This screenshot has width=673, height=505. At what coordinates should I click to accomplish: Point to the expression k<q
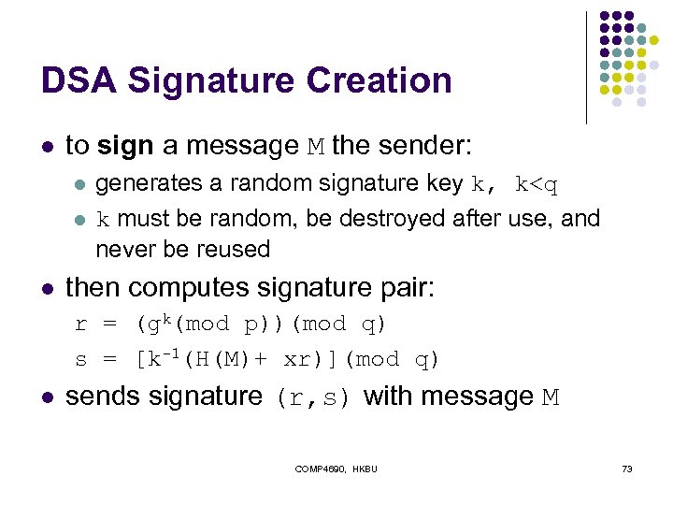(537, 184)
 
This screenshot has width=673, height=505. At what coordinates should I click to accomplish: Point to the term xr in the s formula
(296, 360)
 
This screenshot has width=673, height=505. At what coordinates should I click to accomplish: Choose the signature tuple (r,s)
(313, 398)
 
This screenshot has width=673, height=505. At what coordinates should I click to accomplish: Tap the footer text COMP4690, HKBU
(336, 468)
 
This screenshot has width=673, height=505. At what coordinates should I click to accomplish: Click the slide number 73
(627, 468)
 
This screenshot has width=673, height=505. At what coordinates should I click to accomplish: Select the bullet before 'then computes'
(48, 288)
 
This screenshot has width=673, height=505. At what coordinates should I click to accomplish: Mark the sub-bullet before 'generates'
(80, 185)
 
